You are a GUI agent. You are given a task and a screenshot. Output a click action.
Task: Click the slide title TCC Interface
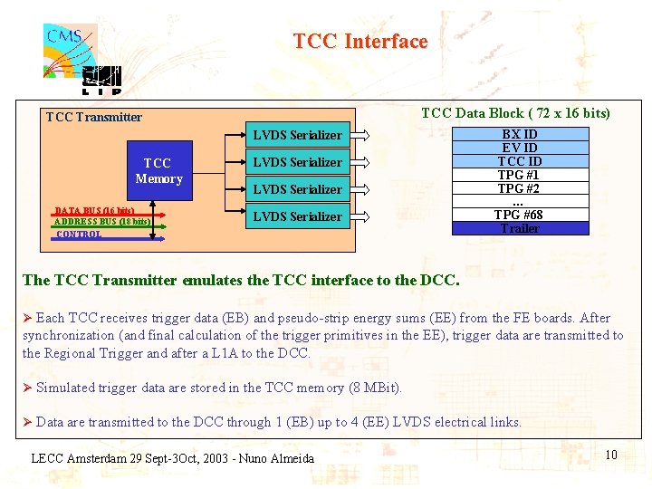click(x=360, y=42)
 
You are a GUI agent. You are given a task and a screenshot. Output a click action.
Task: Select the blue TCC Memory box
click(x=158, y=170)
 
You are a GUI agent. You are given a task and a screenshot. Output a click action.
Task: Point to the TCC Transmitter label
click(x=94, y=117)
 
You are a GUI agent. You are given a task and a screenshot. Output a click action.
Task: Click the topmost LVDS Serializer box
click(x=297, y=135)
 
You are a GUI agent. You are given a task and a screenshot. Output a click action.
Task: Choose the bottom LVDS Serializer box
click(x=297, y=216)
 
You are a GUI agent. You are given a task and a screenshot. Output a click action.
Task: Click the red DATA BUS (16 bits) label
click(x=94, y=210)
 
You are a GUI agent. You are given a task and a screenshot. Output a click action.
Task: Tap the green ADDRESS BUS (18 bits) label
click(x=102, y=221)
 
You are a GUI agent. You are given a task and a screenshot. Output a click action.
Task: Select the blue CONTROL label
click(x=79, y=234)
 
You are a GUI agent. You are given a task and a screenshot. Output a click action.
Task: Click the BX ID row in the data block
click(x=520, y=134)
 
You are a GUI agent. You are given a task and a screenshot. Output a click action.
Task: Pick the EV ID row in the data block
click(x=520, y=148)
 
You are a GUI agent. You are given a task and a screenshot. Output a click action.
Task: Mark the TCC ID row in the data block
click(x=520, y=161)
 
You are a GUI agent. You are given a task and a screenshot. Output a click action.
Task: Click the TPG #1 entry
click(x=520, y=175)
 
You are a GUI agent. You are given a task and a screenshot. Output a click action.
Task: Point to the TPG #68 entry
click(x=520, y=216)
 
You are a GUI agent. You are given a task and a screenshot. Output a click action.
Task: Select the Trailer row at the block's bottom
click(x=520, y=228)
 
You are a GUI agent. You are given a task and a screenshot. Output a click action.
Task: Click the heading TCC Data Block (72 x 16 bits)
click(x=515, y=113)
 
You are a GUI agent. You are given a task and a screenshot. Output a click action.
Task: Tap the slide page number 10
click(x=610, y=455)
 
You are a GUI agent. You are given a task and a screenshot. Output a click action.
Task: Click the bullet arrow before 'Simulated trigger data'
click(x=27, y=388)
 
